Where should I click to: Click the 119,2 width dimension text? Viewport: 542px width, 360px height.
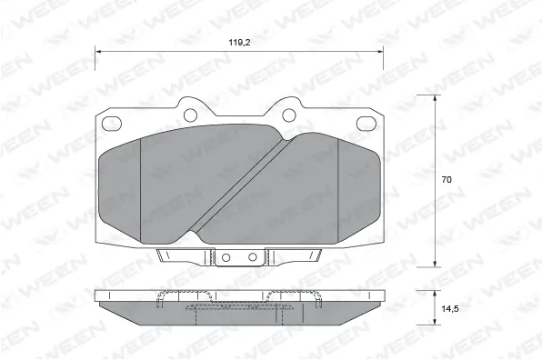click(240, 41)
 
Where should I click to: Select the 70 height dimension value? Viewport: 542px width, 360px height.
click(447, 180)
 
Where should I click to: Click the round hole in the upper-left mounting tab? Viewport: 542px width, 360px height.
click(192, 115)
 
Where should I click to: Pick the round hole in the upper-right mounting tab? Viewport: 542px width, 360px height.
click(287, 115)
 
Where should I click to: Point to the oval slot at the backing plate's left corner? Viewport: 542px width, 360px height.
click(115, 124)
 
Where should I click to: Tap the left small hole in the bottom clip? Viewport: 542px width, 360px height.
click(224, 259)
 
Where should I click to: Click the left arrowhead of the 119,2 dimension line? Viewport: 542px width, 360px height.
click(99, 53)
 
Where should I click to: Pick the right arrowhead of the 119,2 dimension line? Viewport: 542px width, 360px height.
click(381, 53)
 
